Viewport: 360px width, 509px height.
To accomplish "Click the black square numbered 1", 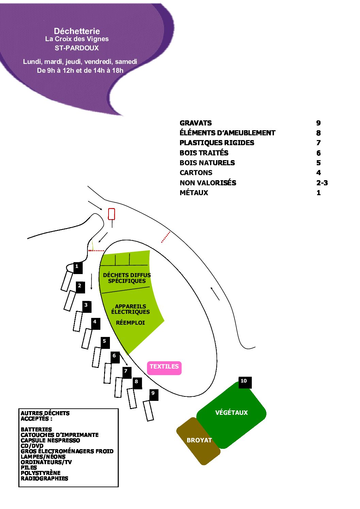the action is [x=78, y=268].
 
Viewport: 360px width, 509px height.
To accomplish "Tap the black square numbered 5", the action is [x=105, y=343].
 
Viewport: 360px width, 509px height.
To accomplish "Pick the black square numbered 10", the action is [x=245, y=383].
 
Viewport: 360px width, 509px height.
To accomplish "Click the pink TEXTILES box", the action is [x=164, y=368].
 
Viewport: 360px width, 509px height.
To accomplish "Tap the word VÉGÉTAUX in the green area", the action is [x=231, y=412].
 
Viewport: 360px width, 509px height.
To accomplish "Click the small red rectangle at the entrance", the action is [x=111, y=214].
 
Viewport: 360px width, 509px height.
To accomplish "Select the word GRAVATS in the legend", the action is [x=196, y=123].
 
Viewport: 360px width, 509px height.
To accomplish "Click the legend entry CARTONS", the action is [x=196, y=173].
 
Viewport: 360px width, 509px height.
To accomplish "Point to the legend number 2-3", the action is [x=322, y=183].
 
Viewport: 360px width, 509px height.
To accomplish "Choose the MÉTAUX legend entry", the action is [x=194, y=193].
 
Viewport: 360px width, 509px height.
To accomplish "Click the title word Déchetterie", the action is [x=77, y=31].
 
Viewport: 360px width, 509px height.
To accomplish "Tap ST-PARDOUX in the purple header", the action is [x=77, y=48].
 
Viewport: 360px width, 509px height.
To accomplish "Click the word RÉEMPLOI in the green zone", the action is [x=130, y=323].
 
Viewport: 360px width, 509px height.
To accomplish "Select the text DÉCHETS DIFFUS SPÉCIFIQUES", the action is [x=127, y=278].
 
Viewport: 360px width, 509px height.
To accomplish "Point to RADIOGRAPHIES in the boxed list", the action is [x=44, y=478].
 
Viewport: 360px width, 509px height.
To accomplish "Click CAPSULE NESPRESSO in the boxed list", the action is [x=50, y=440].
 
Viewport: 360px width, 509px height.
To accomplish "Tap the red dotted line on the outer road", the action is [x=166, y=237].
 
